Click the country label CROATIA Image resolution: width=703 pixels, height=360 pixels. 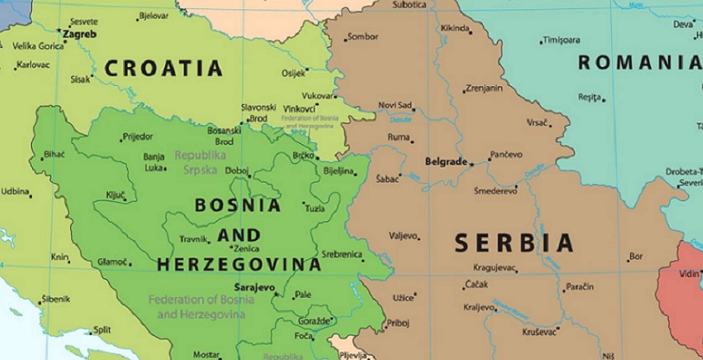(x=163, y=68)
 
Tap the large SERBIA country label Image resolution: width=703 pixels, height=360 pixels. (x=514, y=244)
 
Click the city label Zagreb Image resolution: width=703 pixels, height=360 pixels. (x=80, y=34)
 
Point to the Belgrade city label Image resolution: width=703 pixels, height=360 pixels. (x=445, y=162)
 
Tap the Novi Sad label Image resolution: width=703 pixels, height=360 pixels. (x=395, y=105)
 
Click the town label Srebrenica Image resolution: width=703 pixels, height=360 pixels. (x=341, y=255)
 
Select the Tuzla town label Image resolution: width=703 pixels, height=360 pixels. (x=315, y=208)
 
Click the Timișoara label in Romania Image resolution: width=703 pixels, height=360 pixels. (x=561, y=40)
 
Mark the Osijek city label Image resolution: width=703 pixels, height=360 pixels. (x=293, y=74)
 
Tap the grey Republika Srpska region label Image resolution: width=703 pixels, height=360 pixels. (x=200, y=162)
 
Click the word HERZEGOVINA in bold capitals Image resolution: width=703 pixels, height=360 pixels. (x=239, y=265)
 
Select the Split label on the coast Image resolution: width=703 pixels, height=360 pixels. (x=101, y=330)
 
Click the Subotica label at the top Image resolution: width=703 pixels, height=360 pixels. (x=409, y=5)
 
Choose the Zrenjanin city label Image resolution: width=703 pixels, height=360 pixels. (x=485, y=88)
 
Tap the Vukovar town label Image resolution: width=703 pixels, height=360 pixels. (x=317, y=95)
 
